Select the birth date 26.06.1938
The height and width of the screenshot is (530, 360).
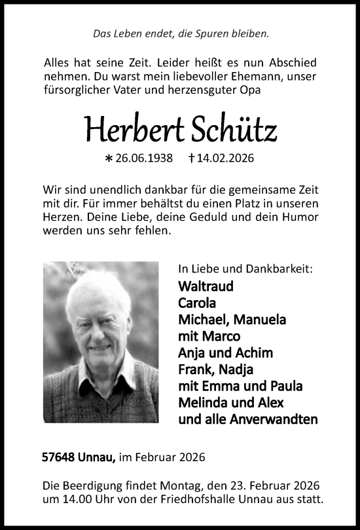pyautogui.click(x=145, y=158)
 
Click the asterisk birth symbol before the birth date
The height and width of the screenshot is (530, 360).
pyautogui.click(x=109, y=159)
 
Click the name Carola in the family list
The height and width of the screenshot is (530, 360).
pyautogui.click(x=196, y=303)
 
